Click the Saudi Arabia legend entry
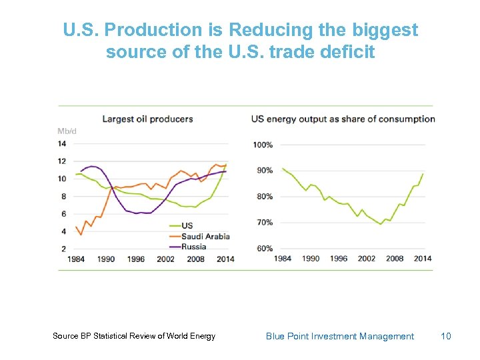(205, 236)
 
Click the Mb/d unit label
(67, 131)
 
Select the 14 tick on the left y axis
(62, 143)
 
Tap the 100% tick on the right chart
(263, 145)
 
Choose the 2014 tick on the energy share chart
(422, 259)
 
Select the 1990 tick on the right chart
(311, 259)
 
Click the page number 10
(446, 336)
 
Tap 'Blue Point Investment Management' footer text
(339, 336)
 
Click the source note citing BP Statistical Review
(134, 336)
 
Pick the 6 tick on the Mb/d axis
(63, 214)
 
